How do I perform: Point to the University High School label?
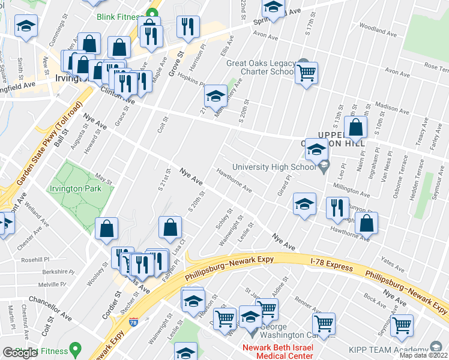(274, 167)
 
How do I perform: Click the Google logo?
(20, 353)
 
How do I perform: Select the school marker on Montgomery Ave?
(215, 95)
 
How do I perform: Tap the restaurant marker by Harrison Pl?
(188, 26)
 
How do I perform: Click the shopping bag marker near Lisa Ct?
(170, 227)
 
